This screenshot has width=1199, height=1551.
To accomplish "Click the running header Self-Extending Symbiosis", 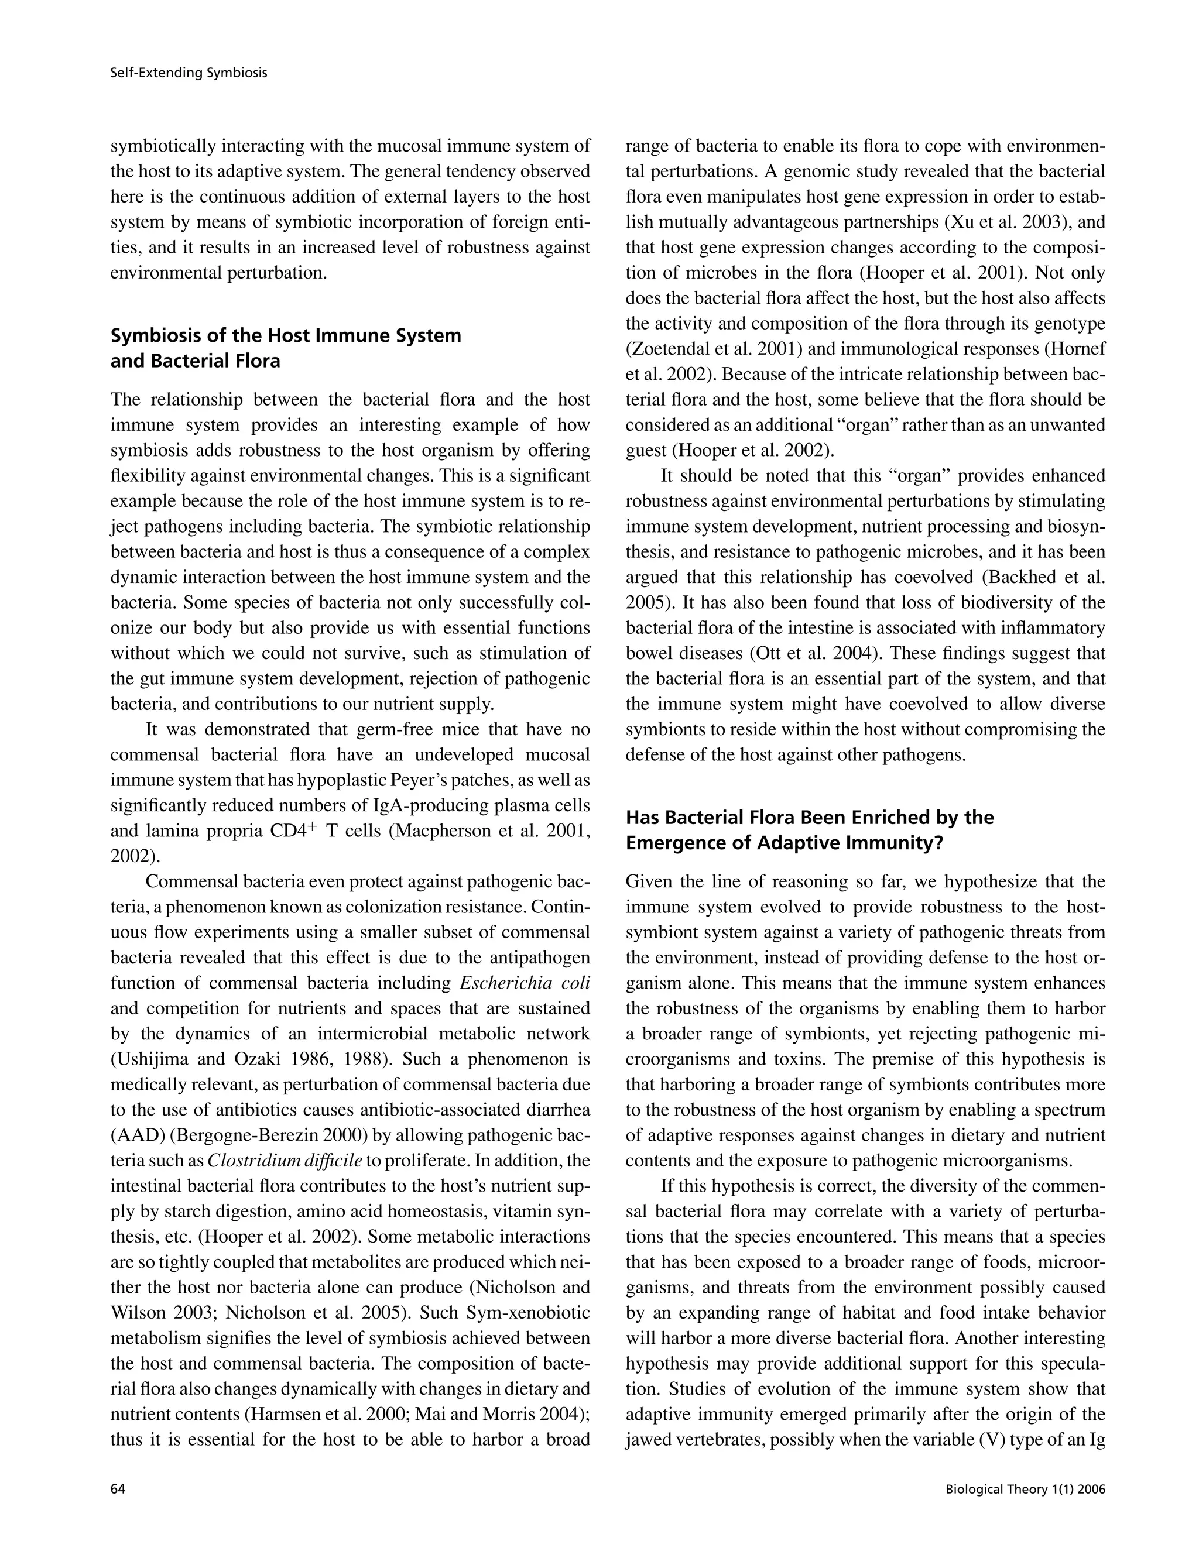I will coord(189,73).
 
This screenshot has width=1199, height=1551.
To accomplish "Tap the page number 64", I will coord(118,1489).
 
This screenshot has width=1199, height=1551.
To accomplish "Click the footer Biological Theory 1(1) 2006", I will coord(1025,1489).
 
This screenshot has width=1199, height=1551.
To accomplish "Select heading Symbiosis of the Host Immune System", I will coord(286,335).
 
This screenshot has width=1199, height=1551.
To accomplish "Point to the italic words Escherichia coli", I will coord(525,983).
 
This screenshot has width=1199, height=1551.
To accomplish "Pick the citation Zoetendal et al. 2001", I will coord(715,349).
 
